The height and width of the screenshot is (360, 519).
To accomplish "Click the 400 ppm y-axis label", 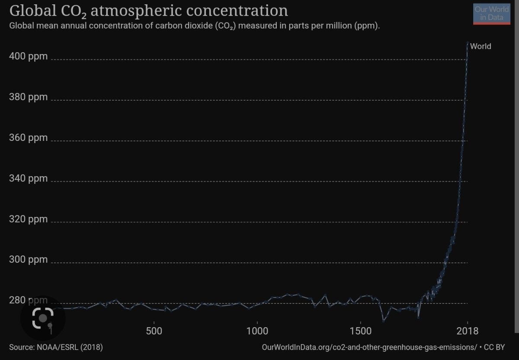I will pos(28,56).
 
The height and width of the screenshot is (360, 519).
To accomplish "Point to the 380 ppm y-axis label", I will pos(28,97).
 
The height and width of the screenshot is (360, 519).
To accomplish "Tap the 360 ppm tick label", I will pos(28,137).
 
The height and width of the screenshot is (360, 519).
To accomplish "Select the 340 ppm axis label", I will pos(28,178).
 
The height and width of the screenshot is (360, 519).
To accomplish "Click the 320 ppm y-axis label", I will pos(28,219).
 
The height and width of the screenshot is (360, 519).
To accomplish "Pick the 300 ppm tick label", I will pos(28,259).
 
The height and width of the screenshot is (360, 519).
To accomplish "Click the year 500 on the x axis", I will pos(154,331).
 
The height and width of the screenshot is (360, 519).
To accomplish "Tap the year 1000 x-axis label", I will pos(257,331).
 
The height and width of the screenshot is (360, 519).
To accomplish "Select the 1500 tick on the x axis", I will pos(361,331).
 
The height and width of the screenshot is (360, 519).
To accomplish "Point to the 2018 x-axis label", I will pos(468,331).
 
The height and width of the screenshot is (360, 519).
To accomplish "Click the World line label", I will pos(481,46).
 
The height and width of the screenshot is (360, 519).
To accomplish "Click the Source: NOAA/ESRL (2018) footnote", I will pos(56,347).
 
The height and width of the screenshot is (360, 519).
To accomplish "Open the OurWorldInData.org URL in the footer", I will pos(369,347).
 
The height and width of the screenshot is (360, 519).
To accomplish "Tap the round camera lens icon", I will pos(42,318).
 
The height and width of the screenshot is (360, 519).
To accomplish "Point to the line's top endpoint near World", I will pos(468,42).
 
